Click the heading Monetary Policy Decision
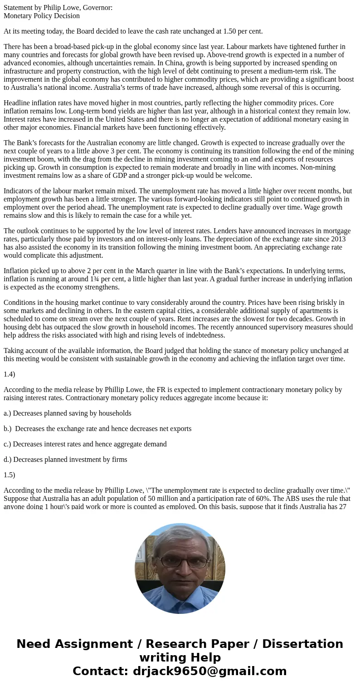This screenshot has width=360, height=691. tap(42, 16)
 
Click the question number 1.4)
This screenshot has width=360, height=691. tap(10, 374)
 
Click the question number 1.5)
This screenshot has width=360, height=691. tap(10, 475)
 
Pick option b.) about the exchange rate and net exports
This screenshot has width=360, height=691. tap(97, 428)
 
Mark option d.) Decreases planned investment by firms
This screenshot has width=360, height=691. tap(65, 459)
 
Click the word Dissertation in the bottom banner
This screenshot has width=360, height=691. tap(302, 644)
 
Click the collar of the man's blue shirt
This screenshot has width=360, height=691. tap(180, 590)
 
